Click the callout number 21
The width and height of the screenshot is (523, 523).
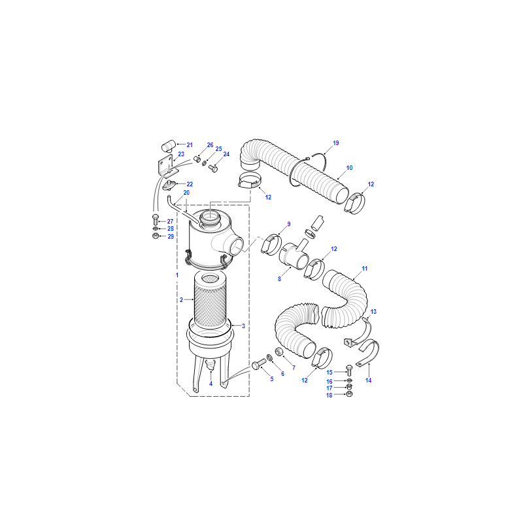(x=190, y=144)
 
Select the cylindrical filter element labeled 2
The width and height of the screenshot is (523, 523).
(x=211, y=300)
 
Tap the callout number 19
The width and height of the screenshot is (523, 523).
(x=336, y=143)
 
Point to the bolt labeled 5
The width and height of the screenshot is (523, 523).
(x=259, y=364)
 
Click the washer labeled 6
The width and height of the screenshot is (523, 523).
(x=269, y=358)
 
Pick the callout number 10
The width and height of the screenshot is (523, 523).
(x=349, y=168)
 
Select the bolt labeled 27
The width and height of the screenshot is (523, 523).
(x=155, y=220)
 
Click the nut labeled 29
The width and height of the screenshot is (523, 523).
(x=155, y=236)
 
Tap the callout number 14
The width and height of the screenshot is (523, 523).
(x=368, y=380)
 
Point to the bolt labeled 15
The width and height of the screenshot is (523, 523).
(x=349, y=370)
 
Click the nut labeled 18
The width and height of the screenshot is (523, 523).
(x=349, y=394)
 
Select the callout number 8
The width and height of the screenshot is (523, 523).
(x=280, y=278)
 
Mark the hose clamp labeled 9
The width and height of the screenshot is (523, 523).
(x=271, y=245)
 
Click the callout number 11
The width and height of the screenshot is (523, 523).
(x=365, y=268)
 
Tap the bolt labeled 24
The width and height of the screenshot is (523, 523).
(x=213, y=169)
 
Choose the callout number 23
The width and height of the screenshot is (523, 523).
(x=181, y=154)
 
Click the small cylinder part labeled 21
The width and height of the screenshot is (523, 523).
(x=169, y=146)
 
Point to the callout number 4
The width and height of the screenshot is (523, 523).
(x=211, y=384)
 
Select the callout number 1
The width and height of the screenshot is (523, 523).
(x=177, y=275)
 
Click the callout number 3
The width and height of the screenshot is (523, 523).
(x=243, y=326)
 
